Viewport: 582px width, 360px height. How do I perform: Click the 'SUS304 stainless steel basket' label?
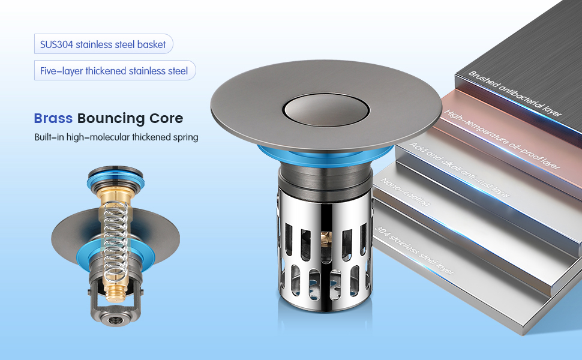103,44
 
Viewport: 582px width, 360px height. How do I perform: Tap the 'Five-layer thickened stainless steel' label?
115,71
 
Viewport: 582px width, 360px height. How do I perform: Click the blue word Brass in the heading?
53,118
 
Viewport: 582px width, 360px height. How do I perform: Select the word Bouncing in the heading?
111,119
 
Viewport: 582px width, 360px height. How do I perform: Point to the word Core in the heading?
166,118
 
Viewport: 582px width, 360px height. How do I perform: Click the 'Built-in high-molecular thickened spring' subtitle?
116,137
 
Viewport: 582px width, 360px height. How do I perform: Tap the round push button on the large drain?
326,109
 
